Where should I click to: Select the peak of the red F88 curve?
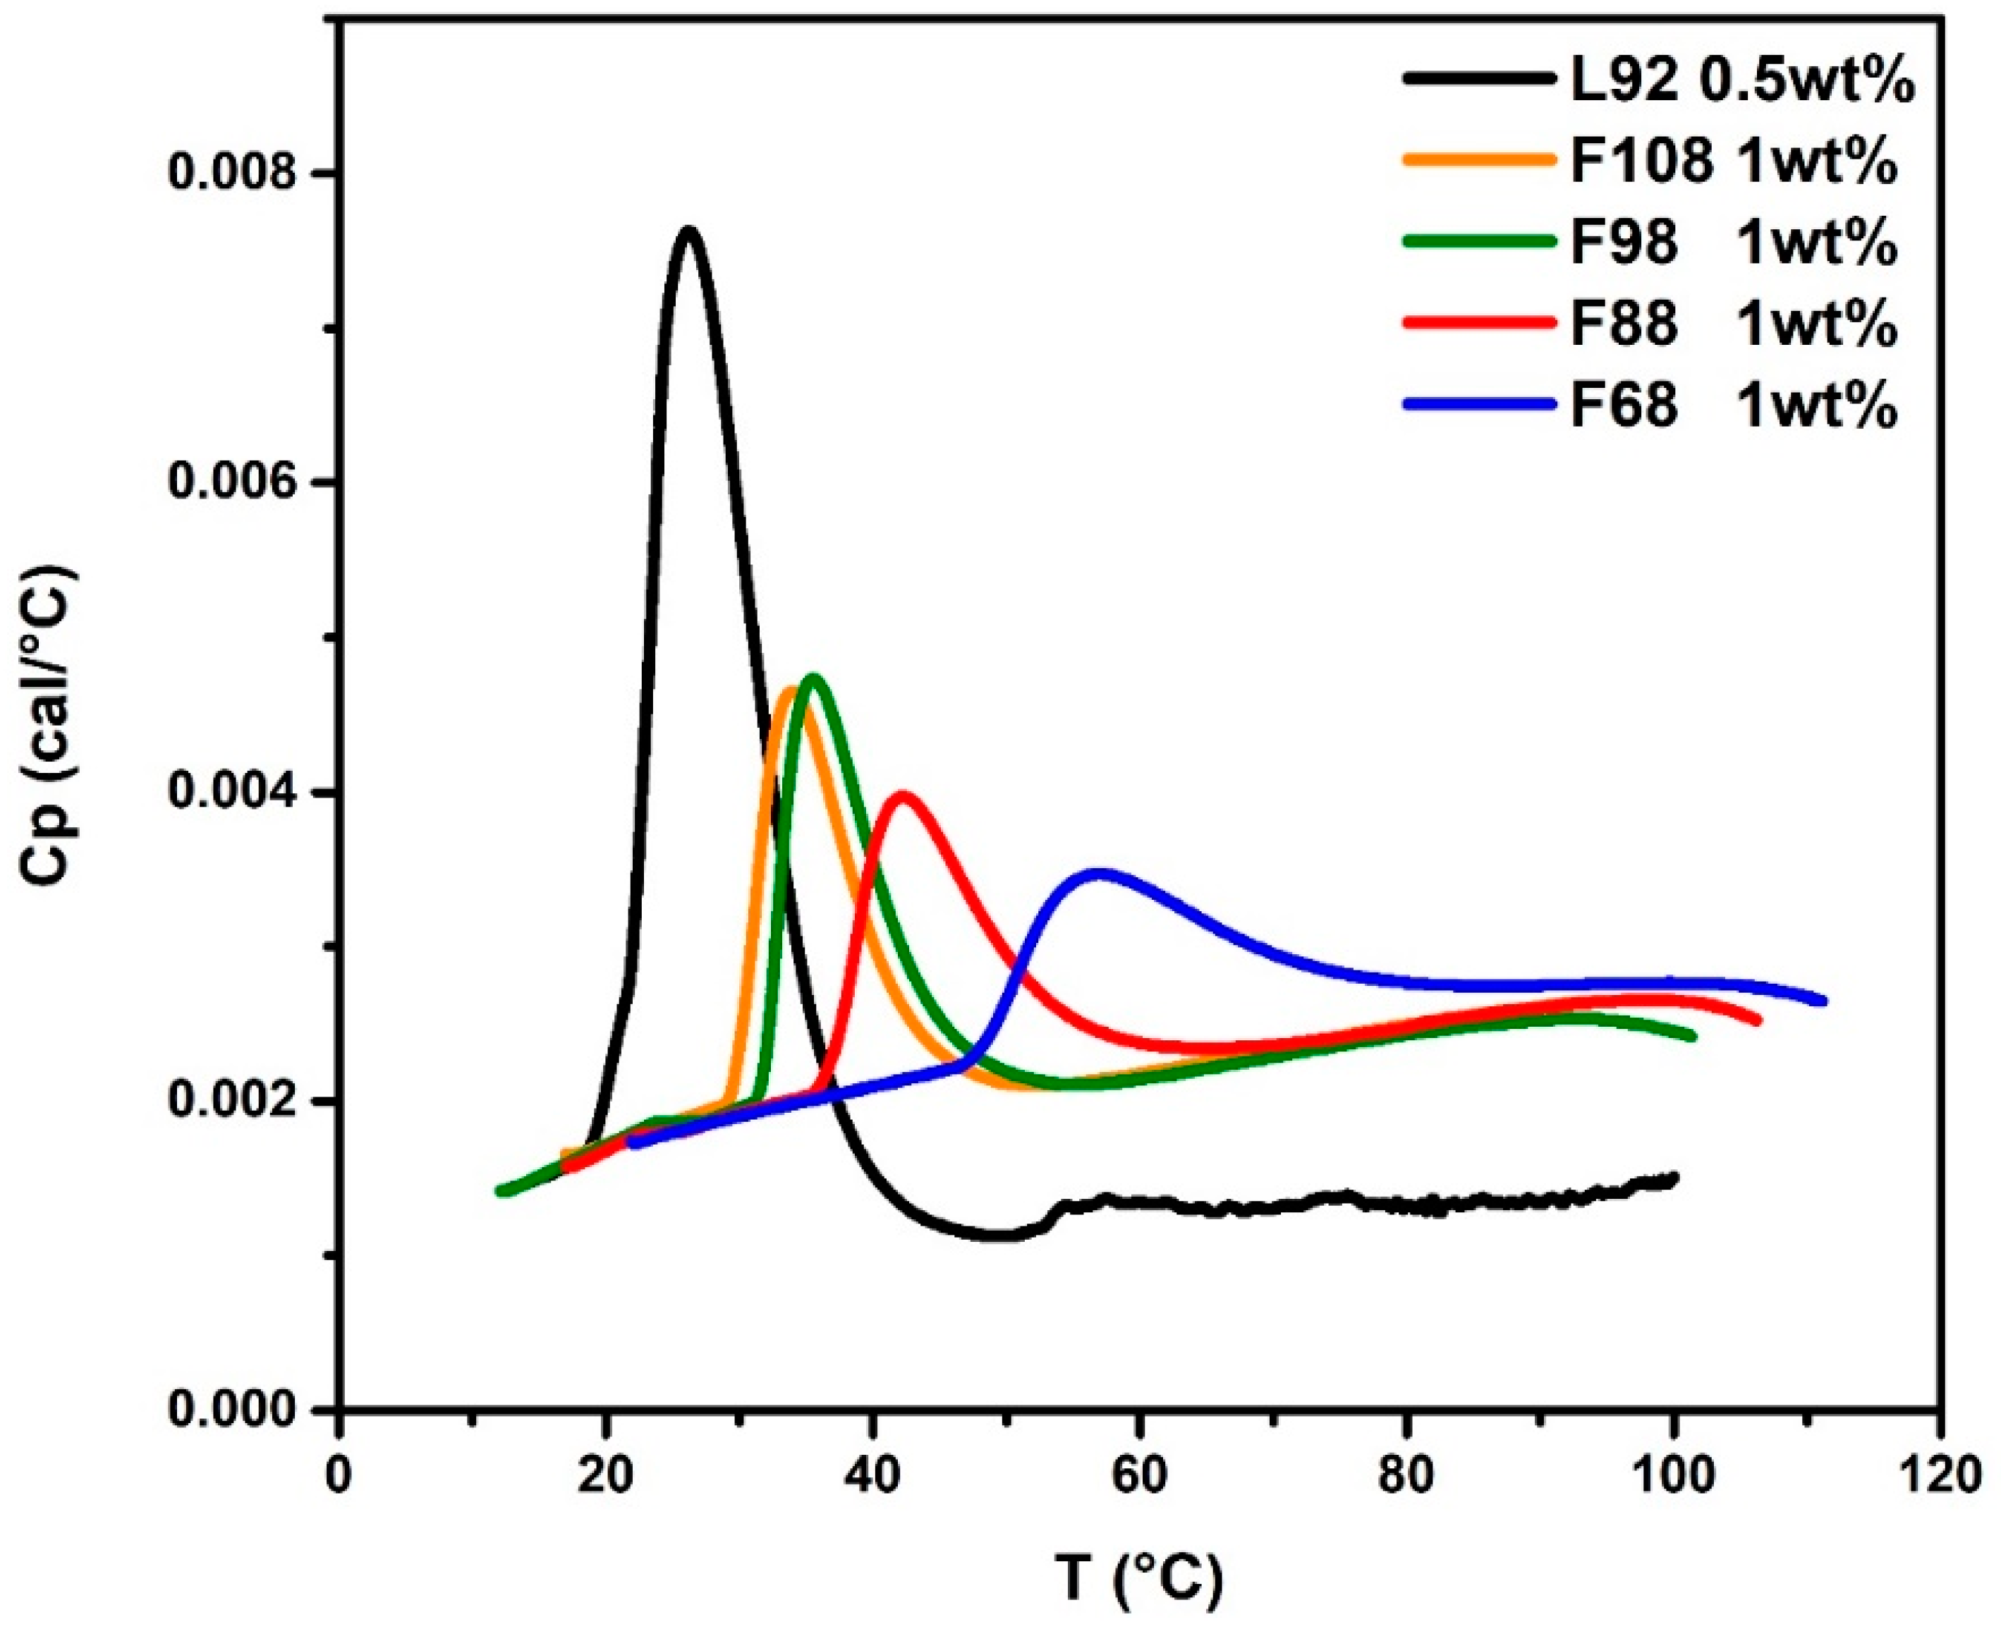point(903,795)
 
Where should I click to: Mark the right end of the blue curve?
point(1823,1000)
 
